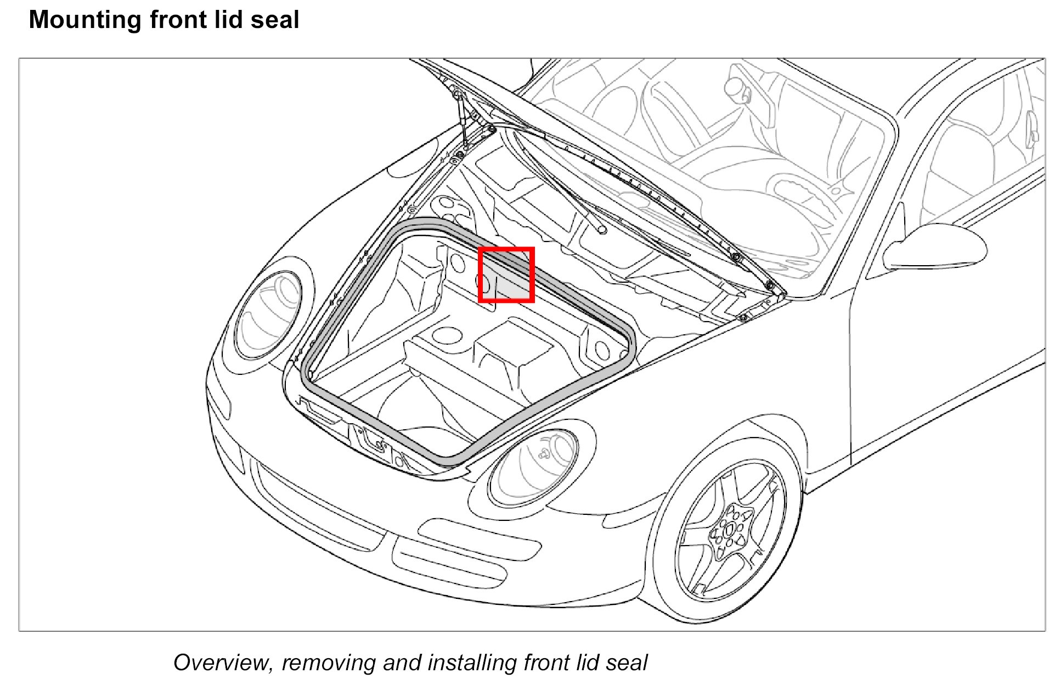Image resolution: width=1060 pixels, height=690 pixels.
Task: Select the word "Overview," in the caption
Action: pos(223,663)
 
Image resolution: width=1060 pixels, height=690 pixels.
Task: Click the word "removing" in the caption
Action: pos(328,663)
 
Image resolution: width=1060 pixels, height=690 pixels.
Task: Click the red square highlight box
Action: pos(506,274)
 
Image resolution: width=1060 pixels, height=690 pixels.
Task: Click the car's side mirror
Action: pos(933,247)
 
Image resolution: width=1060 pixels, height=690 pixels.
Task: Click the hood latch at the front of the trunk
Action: pos(376,439)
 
